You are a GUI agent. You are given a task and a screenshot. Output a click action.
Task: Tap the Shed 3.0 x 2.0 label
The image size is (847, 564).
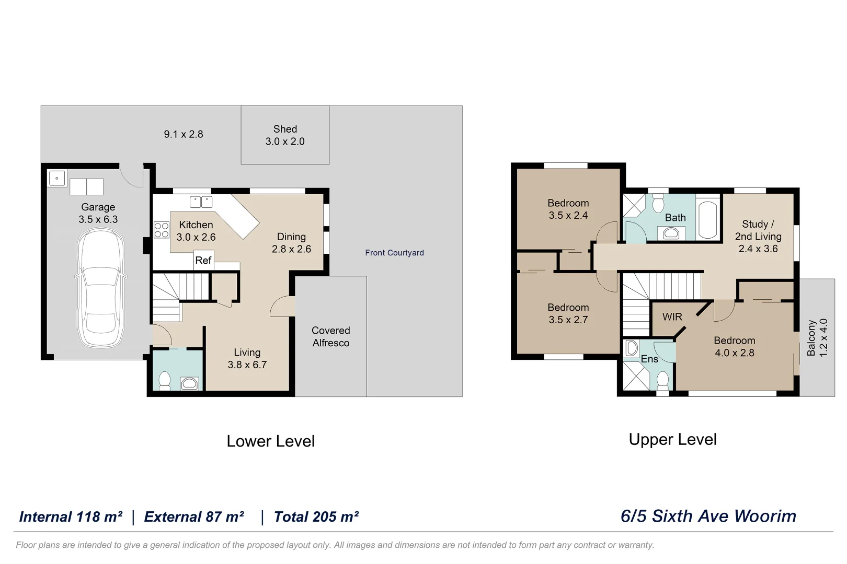click(x=285, y=135)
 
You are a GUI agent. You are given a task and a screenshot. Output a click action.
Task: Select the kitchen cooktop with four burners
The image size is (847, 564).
click(x=162, y=230)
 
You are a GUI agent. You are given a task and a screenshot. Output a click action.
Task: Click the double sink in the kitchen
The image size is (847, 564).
click(x=201, y=202)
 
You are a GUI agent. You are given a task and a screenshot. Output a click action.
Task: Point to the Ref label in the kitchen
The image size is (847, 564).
click(x=203, y=260)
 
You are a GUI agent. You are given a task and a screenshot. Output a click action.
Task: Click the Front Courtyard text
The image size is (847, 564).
click(x=394, y=253)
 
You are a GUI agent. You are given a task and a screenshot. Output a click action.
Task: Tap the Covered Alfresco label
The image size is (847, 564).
click(x=330, y=337)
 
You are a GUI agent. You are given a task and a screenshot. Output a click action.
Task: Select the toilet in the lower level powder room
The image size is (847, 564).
click(x=165, y=381)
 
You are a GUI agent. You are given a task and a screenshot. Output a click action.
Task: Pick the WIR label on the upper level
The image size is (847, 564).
click(x=672, y=317)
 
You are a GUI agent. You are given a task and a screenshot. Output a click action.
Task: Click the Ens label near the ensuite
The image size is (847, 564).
click(x=649, y=359)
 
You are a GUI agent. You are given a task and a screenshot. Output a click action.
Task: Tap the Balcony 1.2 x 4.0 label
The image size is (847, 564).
click(x=817, y=338)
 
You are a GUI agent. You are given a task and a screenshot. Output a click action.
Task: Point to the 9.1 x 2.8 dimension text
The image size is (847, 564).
click(x=184, y=134)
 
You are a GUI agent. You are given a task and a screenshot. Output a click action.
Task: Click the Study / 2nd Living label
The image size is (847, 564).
click(x=758, y=237)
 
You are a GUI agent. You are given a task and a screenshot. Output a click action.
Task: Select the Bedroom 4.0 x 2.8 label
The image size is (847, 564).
click(x=735, y=347)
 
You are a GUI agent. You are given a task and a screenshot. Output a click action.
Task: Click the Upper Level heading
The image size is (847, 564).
click(x=672, y=439)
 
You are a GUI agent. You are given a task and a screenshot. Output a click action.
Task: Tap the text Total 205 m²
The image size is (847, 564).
click(x=316, y=517)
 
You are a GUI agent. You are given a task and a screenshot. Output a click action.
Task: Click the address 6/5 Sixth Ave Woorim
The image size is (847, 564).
click(x=708, y=516)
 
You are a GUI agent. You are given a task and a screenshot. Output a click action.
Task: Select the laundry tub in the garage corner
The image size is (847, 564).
click(x=57, y=179)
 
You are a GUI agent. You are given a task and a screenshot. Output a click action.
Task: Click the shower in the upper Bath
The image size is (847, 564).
click(x=634, y=205)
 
